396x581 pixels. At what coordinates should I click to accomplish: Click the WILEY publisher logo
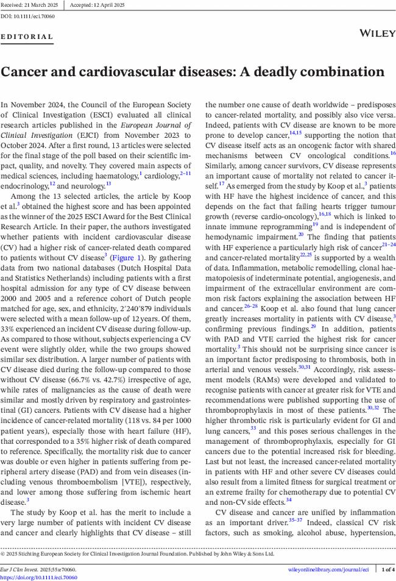point(378,34)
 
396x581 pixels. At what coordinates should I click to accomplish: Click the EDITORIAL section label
point(27,37)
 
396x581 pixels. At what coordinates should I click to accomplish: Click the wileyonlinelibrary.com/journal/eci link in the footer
point(328,569)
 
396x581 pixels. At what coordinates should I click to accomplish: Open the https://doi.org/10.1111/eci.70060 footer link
point(38,577)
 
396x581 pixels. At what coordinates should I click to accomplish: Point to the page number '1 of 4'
point(387,569)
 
